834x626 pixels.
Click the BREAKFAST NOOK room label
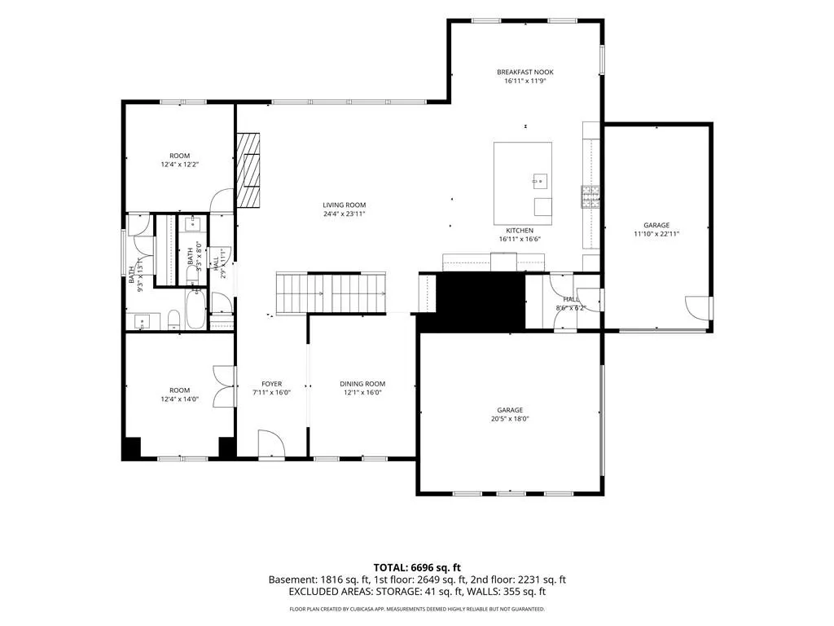[x=525, y=72]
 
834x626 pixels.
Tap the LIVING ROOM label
[x=345, y=205]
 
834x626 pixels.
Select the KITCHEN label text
[x=520, y=231]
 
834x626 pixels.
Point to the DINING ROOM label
[x=362, y=384]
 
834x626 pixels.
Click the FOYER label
[x=272, y=384]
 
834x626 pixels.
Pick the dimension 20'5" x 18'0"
[x=510, y=419]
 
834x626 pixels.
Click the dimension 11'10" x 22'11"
[x=656, y=234]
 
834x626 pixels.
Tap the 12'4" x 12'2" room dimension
[x=180, y=165]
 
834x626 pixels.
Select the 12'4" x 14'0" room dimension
[x=180, y=399]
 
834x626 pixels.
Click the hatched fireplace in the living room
[x=248, y=170]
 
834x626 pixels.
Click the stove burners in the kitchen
[x=590, y=197]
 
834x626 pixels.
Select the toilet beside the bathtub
[x=174, y=319]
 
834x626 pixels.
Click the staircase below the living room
[x=331, y=293]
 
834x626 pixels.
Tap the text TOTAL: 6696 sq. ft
[x=417, y=567]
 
